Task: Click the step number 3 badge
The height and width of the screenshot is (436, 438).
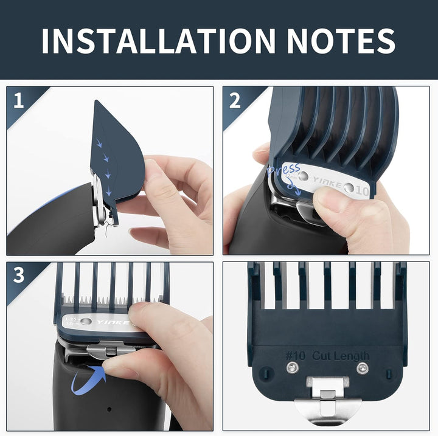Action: [18, 275]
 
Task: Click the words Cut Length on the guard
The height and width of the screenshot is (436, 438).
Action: [342, 356]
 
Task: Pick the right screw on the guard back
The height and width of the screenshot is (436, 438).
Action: [363, 368]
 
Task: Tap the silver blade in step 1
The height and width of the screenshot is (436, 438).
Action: [99, 201]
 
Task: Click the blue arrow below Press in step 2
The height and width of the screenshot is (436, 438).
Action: [294, 187]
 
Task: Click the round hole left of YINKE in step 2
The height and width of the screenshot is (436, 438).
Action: [303, 176]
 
